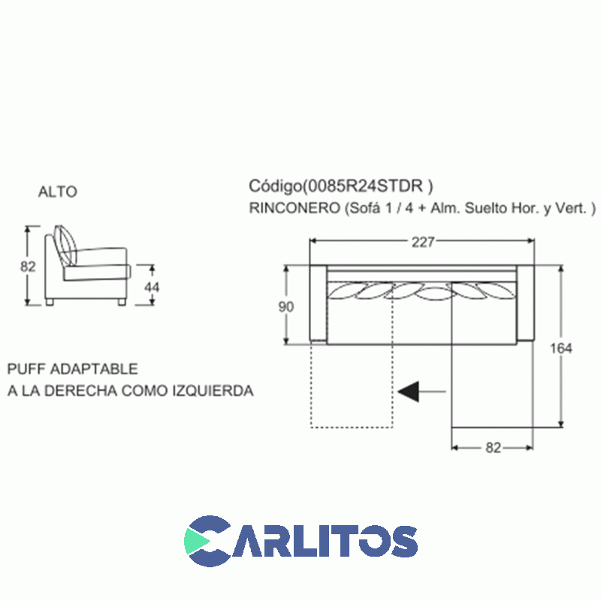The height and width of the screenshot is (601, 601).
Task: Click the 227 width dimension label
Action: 423,242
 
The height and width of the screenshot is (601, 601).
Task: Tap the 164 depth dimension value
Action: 560,349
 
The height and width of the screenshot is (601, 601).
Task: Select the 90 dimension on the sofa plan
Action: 286,307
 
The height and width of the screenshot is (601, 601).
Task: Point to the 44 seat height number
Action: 152,287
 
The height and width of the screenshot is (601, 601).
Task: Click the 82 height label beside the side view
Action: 28,266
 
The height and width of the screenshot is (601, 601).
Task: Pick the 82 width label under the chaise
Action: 494,448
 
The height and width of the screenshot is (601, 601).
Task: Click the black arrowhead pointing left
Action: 409,391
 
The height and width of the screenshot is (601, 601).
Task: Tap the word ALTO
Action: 58,192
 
